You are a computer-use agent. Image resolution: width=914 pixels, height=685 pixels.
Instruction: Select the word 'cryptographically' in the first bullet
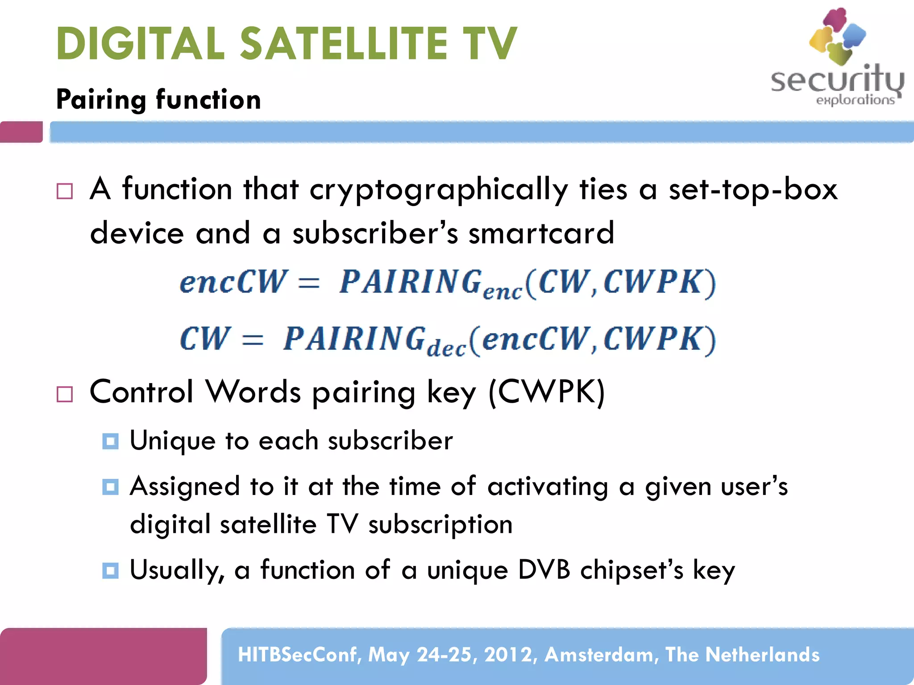pos(438,190)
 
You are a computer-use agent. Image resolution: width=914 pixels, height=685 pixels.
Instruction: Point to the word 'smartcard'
pos(541,233)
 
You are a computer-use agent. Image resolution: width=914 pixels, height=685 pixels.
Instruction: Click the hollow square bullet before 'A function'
pos(65,191)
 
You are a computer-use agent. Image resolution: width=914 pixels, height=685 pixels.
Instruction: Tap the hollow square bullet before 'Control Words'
pos(65,394)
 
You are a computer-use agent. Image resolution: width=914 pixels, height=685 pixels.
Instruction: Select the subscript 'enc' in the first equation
pos(502,292)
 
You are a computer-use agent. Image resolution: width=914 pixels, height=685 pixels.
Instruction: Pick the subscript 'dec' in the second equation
pos(446,348)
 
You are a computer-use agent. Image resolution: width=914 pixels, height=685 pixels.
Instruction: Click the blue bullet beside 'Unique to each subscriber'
pos(110,442)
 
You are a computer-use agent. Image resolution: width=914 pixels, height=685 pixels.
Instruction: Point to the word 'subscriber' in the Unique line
pos(390,441)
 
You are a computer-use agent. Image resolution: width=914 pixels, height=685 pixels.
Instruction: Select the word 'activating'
pos(548,487)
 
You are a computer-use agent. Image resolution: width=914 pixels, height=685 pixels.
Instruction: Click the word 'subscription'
pos(440,524)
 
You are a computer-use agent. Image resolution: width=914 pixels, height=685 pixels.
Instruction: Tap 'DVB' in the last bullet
pos(544,570)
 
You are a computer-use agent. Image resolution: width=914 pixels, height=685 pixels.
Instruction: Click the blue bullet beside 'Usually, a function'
pos(110,570)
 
